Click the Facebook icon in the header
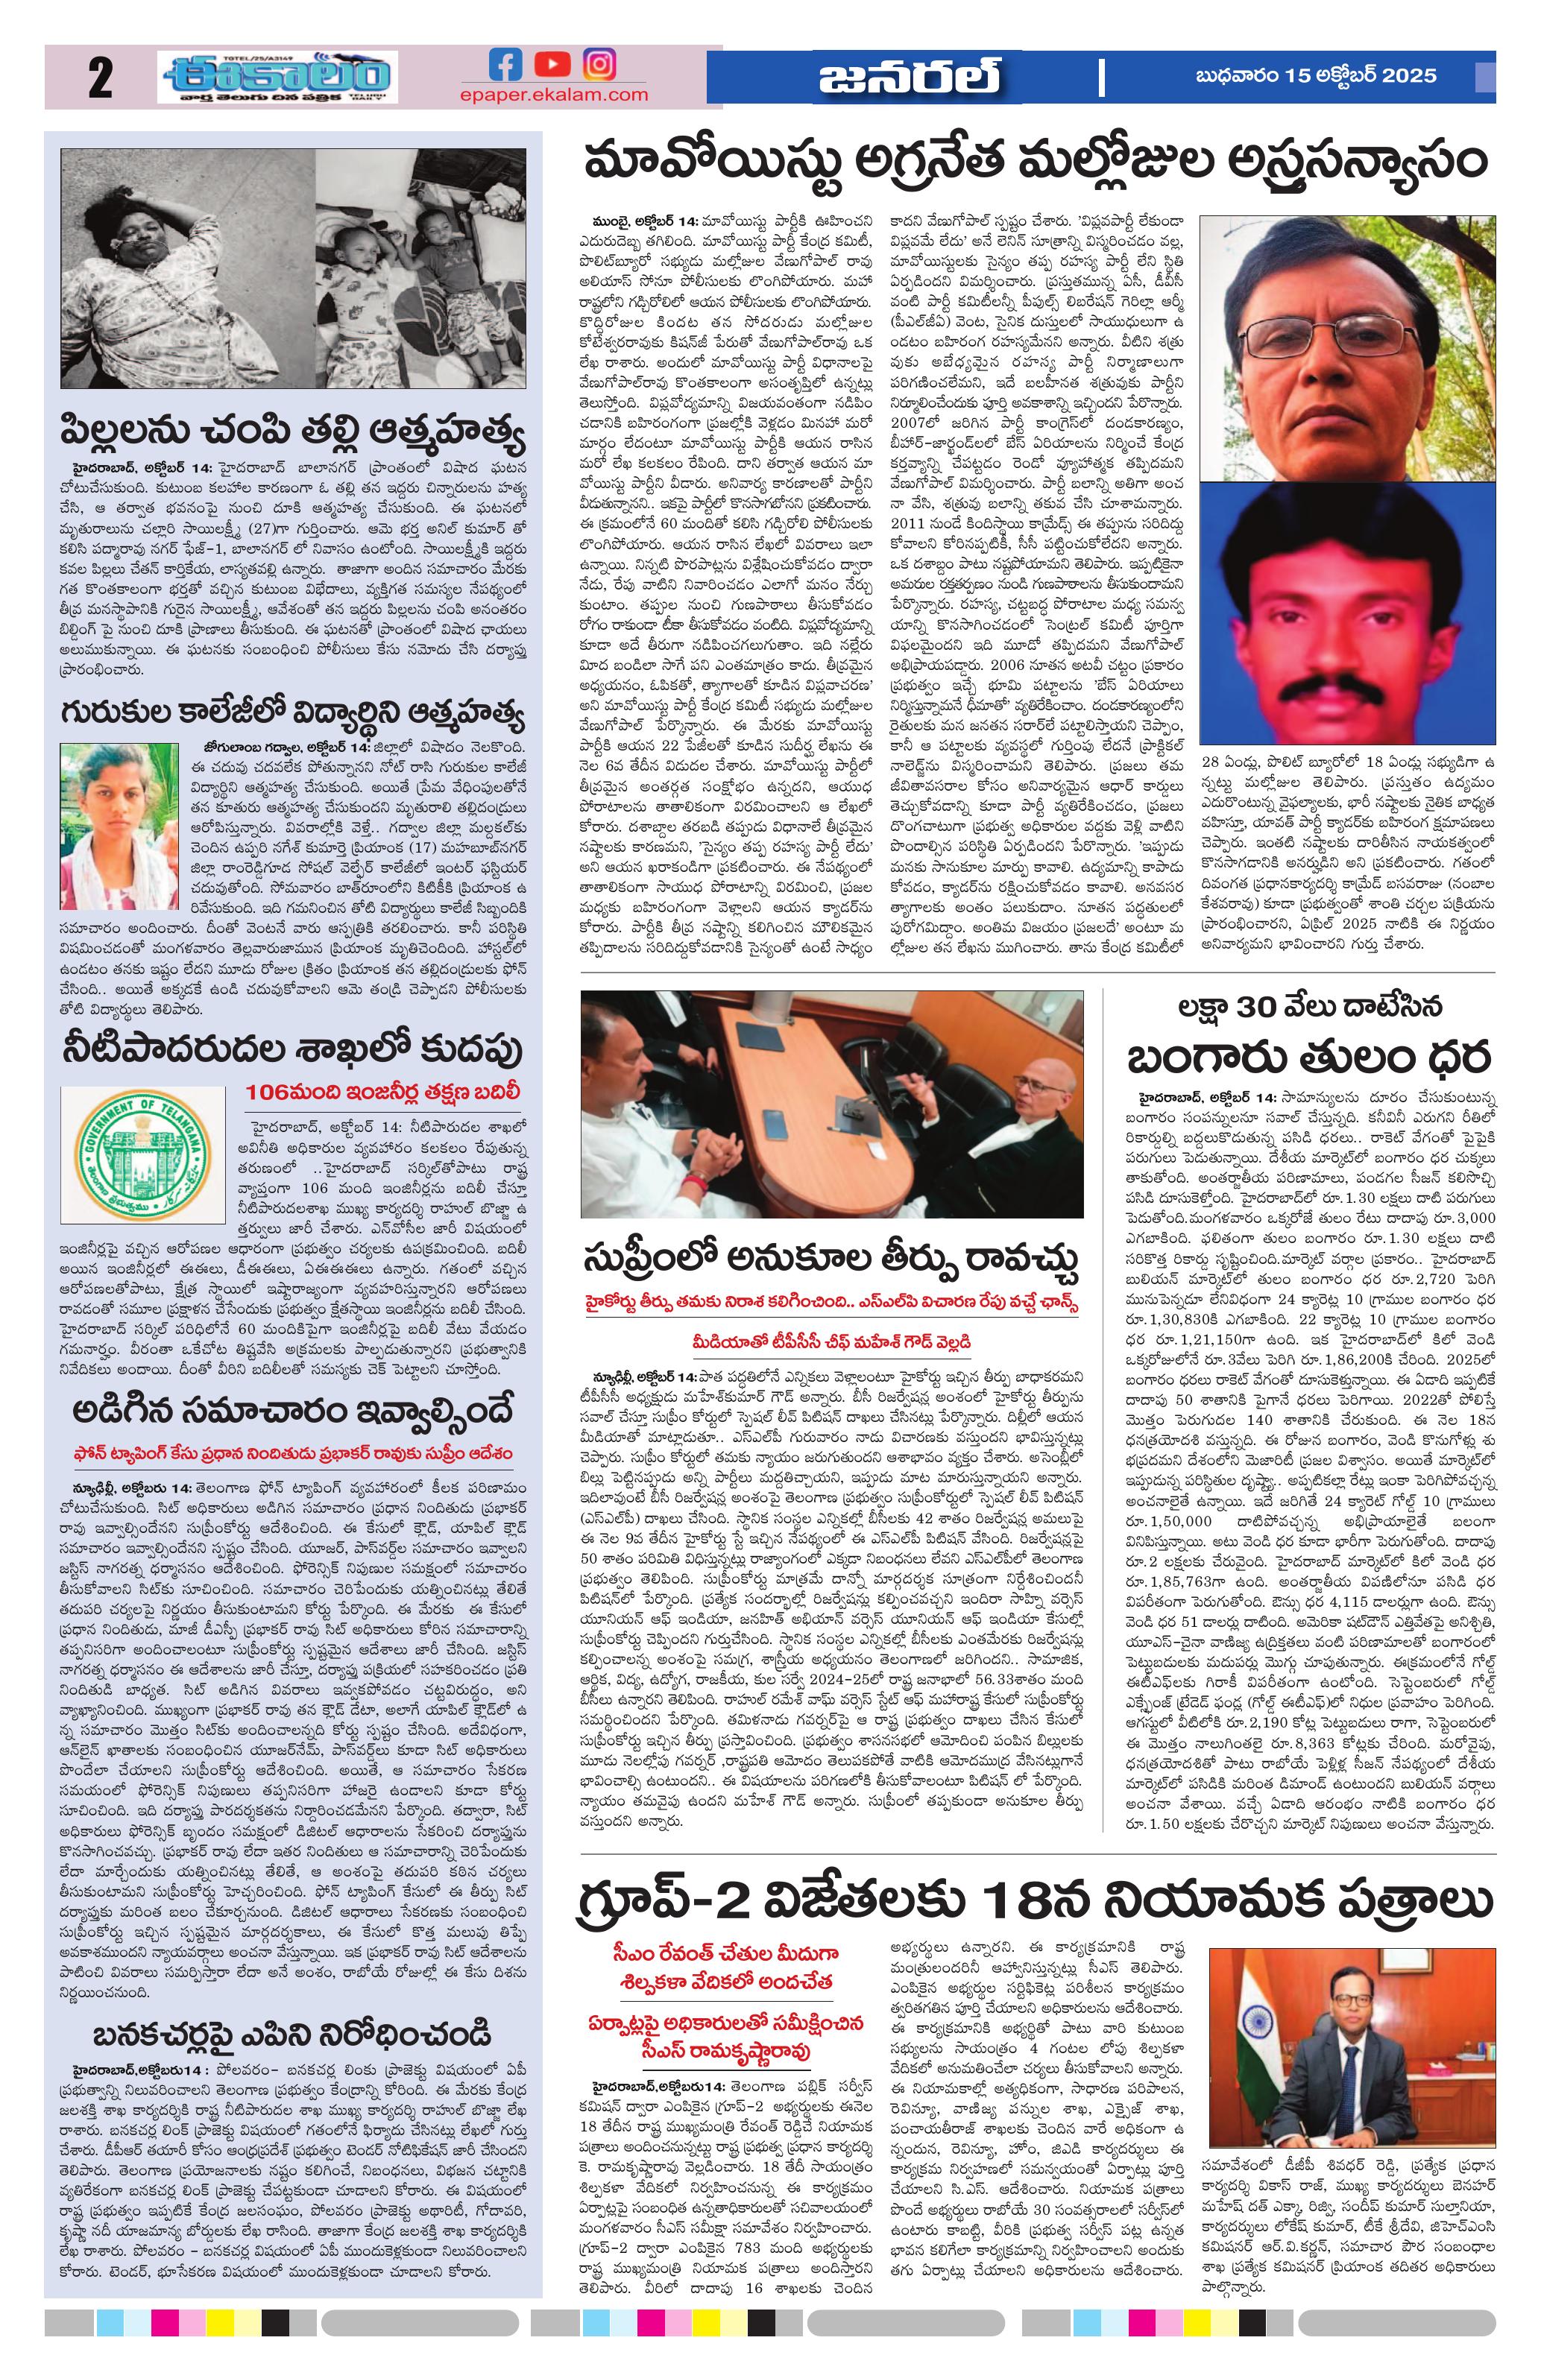[x=505, y=66]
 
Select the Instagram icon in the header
[x=598, y=66]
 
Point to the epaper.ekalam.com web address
[x=553, y=95]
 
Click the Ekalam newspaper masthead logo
[x=277, y=78]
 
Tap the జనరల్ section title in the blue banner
[x=909, y=78]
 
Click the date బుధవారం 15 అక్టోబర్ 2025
[x=1317, y=76]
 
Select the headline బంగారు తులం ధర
[x=1308, y=1058]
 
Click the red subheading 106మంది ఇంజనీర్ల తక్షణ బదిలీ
[x=383, y=1093]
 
